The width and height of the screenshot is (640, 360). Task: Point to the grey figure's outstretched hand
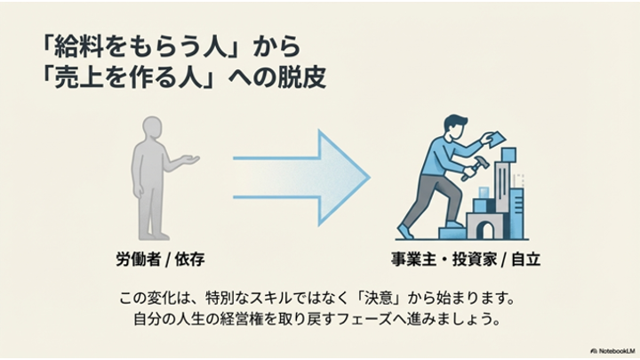188,160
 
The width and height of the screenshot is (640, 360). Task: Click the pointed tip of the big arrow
368,167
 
